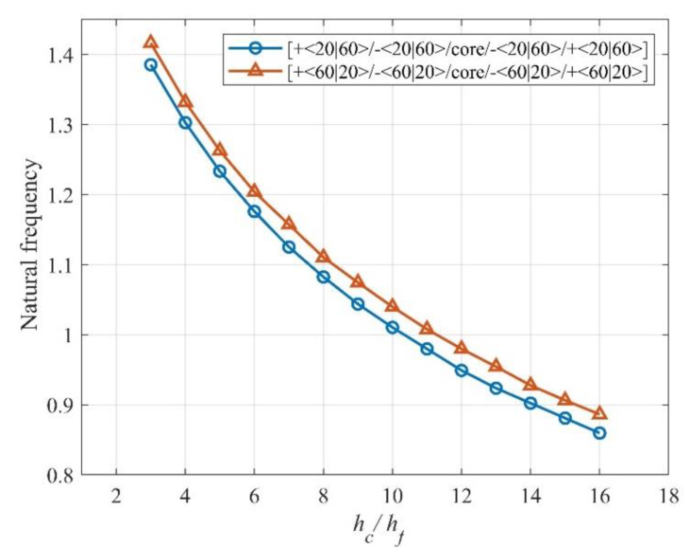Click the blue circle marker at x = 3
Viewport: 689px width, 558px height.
pos(150,65)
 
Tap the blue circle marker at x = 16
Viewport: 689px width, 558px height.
pos(599,433)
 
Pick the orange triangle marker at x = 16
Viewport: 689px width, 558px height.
pos(599,414)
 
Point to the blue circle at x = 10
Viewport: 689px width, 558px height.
pos(392,327)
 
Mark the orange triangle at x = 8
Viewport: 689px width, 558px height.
pos(323,257)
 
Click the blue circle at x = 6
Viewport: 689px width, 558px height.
pos(254,212)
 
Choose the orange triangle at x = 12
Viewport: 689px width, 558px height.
pos(461,348)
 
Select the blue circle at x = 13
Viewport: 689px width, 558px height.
pos(496,388)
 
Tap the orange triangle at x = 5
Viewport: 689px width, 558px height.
pos(220,150)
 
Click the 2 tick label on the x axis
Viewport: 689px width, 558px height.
pos(116,497)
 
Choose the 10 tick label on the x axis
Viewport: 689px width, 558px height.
pos(392,497)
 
